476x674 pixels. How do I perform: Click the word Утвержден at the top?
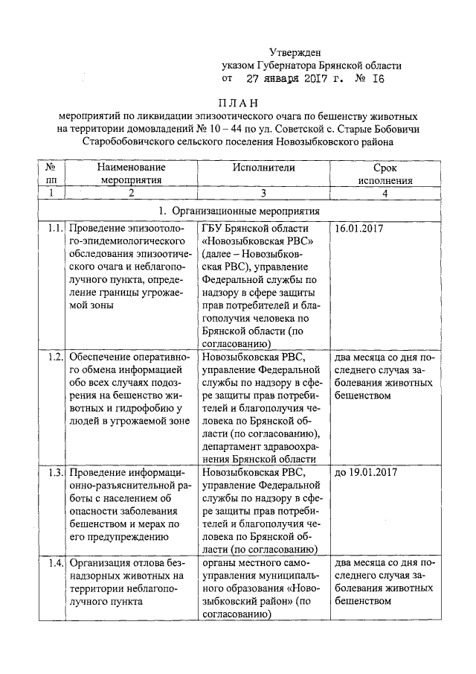[x=295, y=52]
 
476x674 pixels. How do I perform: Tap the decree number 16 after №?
[x=379, y=77]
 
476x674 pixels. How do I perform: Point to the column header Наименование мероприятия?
[x=131, y=174]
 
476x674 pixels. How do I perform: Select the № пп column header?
[x=51, y=174]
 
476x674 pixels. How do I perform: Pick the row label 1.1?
[x=51, y=228]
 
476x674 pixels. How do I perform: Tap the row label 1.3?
[x=51, y=472]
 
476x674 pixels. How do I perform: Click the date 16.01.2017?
[x=360, y=228]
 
